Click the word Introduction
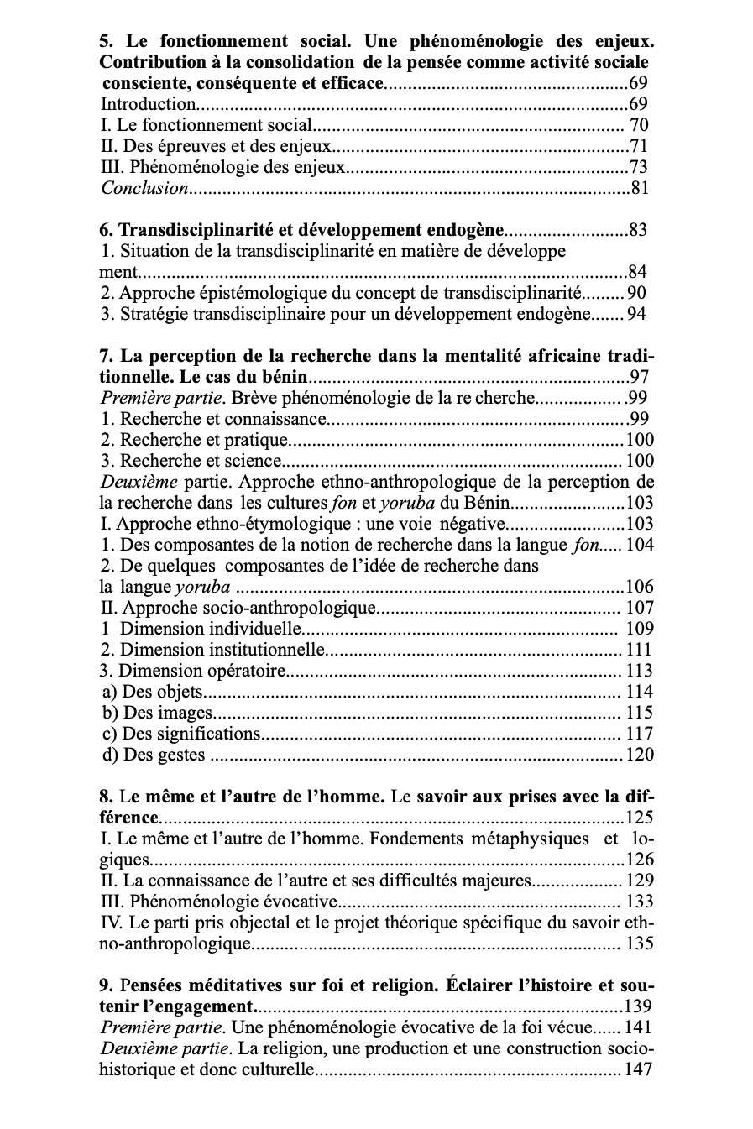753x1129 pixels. click(148, 105)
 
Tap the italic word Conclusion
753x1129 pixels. click(144, 188)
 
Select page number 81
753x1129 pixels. click(639, 188)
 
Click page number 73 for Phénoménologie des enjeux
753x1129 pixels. click(639, 167)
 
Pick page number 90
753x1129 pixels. click(636, 294)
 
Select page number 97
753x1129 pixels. click(639, 378)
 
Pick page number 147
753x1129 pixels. click(638, 1069)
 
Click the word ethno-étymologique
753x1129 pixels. click(269, 524)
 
